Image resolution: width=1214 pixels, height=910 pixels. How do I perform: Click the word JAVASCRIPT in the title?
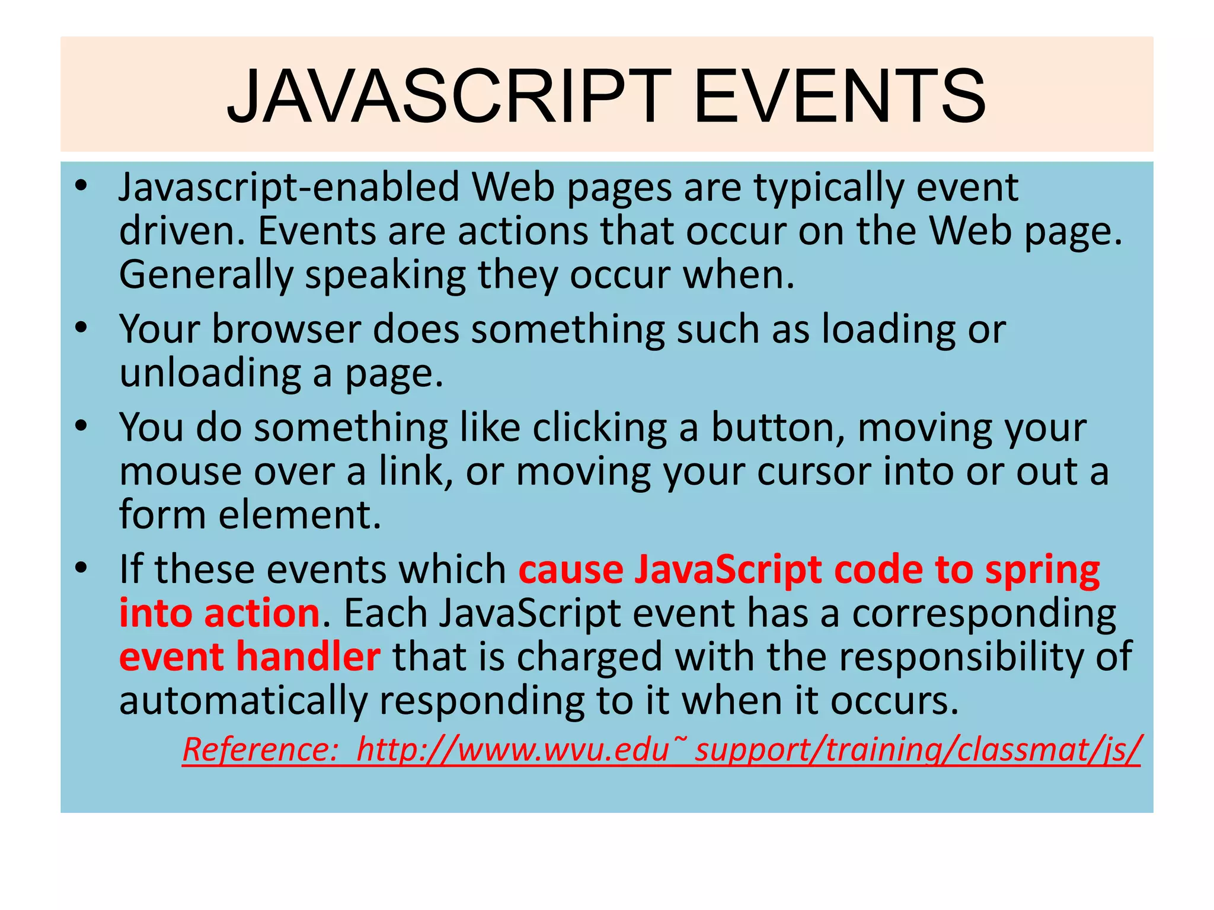(x=449, y=97)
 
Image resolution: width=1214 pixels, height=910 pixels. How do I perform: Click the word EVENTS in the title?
(x=839, y=97)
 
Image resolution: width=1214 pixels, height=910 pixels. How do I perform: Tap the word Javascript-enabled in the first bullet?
(x=289, y=187)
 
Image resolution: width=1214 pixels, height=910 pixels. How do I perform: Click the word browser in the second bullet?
(x=286, y=329)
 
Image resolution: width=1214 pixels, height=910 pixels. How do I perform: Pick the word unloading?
(x=210, y=373)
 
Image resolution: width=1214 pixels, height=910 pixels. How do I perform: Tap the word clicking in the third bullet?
(x=599, y=427)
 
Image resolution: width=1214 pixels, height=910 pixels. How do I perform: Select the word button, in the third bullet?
(x=778, y=427)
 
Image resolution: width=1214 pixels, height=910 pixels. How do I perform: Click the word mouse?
(x=180, y=472)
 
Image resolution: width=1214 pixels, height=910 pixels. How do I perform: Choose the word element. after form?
(x=299, y=514)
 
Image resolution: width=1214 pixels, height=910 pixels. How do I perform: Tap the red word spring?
(x=1042, y=571)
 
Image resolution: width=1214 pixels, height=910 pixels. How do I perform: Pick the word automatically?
(x=243, y=701)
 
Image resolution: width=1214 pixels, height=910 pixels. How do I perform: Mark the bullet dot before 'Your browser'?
(x=81, y=328)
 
